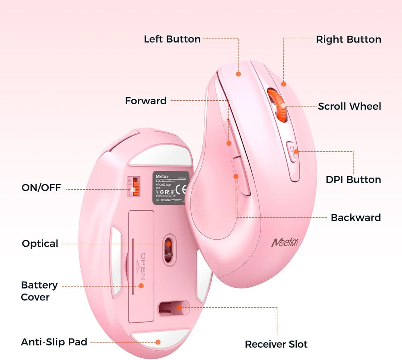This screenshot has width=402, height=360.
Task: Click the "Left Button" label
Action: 172,39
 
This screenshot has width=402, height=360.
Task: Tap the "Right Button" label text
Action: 348,40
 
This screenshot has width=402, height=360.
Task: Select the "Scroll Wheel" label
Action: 349,106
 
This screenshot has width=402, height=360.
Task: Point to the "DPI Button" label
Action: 353,180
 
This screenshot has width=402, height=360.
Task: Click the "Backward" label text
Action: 355,218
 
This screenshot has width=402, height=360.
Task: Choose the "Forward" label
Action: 146,101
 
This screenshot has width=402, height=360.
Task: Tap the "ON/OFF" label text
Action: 41,188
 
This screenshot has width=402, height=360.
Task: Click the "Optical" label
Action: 40,244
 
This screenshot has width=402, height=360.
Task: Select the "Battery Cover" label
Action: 39,291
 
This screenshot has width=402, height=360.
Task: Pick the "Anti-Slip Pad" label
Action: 54,342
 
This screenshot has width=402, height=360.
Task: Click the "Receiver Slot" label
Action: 276,344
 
